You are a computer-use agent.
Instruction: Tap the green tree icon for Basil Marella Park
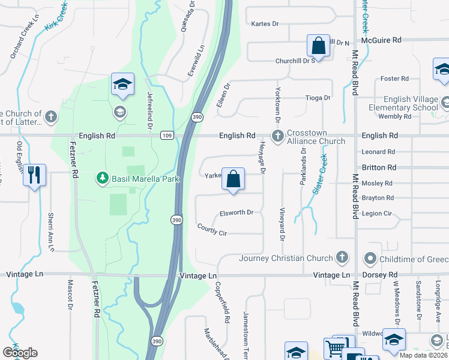pyautogui.click(x=102, y=178)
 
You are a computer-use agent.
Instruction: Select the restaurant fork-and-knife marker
pyautogui.click(x=34, y=175)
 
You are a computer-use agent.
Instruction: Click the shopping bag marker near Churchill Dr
pyautogui.click(x=318, y=46)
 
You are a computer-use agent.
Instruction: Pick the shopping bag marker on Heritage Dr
pyautogui.click(x=233, y=178)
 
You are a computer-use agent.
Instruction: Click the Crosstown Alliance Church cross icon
pyautogui.click(x=277, y=136)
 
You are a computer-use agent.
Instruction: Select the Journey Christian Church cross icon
pyautogui.click(x=342, y=258)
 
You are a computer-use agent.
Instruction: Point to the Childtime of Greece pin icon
pyautogui.click(x=370, y=259)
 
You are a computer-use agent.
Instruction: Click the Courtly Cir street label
pyautogui.click(x=212, y=229)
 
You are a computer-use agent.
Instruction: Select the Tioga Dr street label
pyautogui.click(x=319, y=98)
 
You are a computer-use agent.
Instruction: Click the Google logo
pyautogui.click(x=20, y=352)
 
